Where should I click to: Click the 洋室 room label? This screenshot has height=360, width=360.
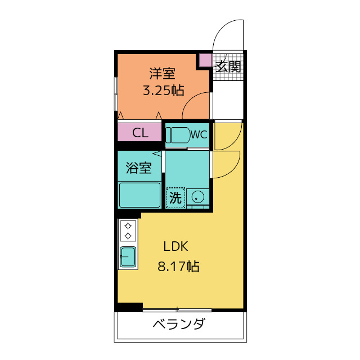[x=163, y=73]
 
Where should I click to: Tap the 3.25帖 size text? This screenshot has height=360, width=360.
[x=163, y=91]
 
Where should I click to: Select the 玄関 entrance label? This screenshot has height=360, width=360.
[x=228, y=66]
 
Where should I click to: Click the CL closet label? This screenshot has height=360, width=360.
[x=140, y=133]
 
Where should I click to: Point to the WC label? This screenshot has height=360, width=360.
[x=199, y=135]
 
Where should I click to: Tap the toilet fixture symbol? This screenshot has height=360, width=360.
[x=178, y=136]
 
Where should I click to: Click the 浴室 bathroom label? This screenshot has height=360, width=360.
[x=138, y=168]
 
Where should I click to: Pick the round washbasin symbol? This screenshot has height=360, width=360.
[x=197, y=197]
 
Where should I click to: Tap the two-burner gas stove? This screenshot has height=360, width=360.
[x=128, y=231]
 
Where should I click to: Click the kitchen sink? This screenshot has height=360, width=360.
[x=128, y=256]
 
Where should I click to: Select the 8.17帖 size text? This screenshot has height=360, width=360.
[x=178, y=267]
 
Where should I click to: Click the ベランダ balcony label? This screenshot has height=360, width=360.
[x=179, y=325]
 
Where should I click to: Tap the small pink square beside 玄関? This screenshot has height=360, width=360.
[x=205, y=60]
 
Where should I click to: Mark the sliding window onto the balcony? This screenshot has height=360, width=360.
[x=177, y=309]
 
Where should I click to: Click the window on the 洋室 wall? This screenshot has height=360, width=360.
[x=116, y=93]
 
